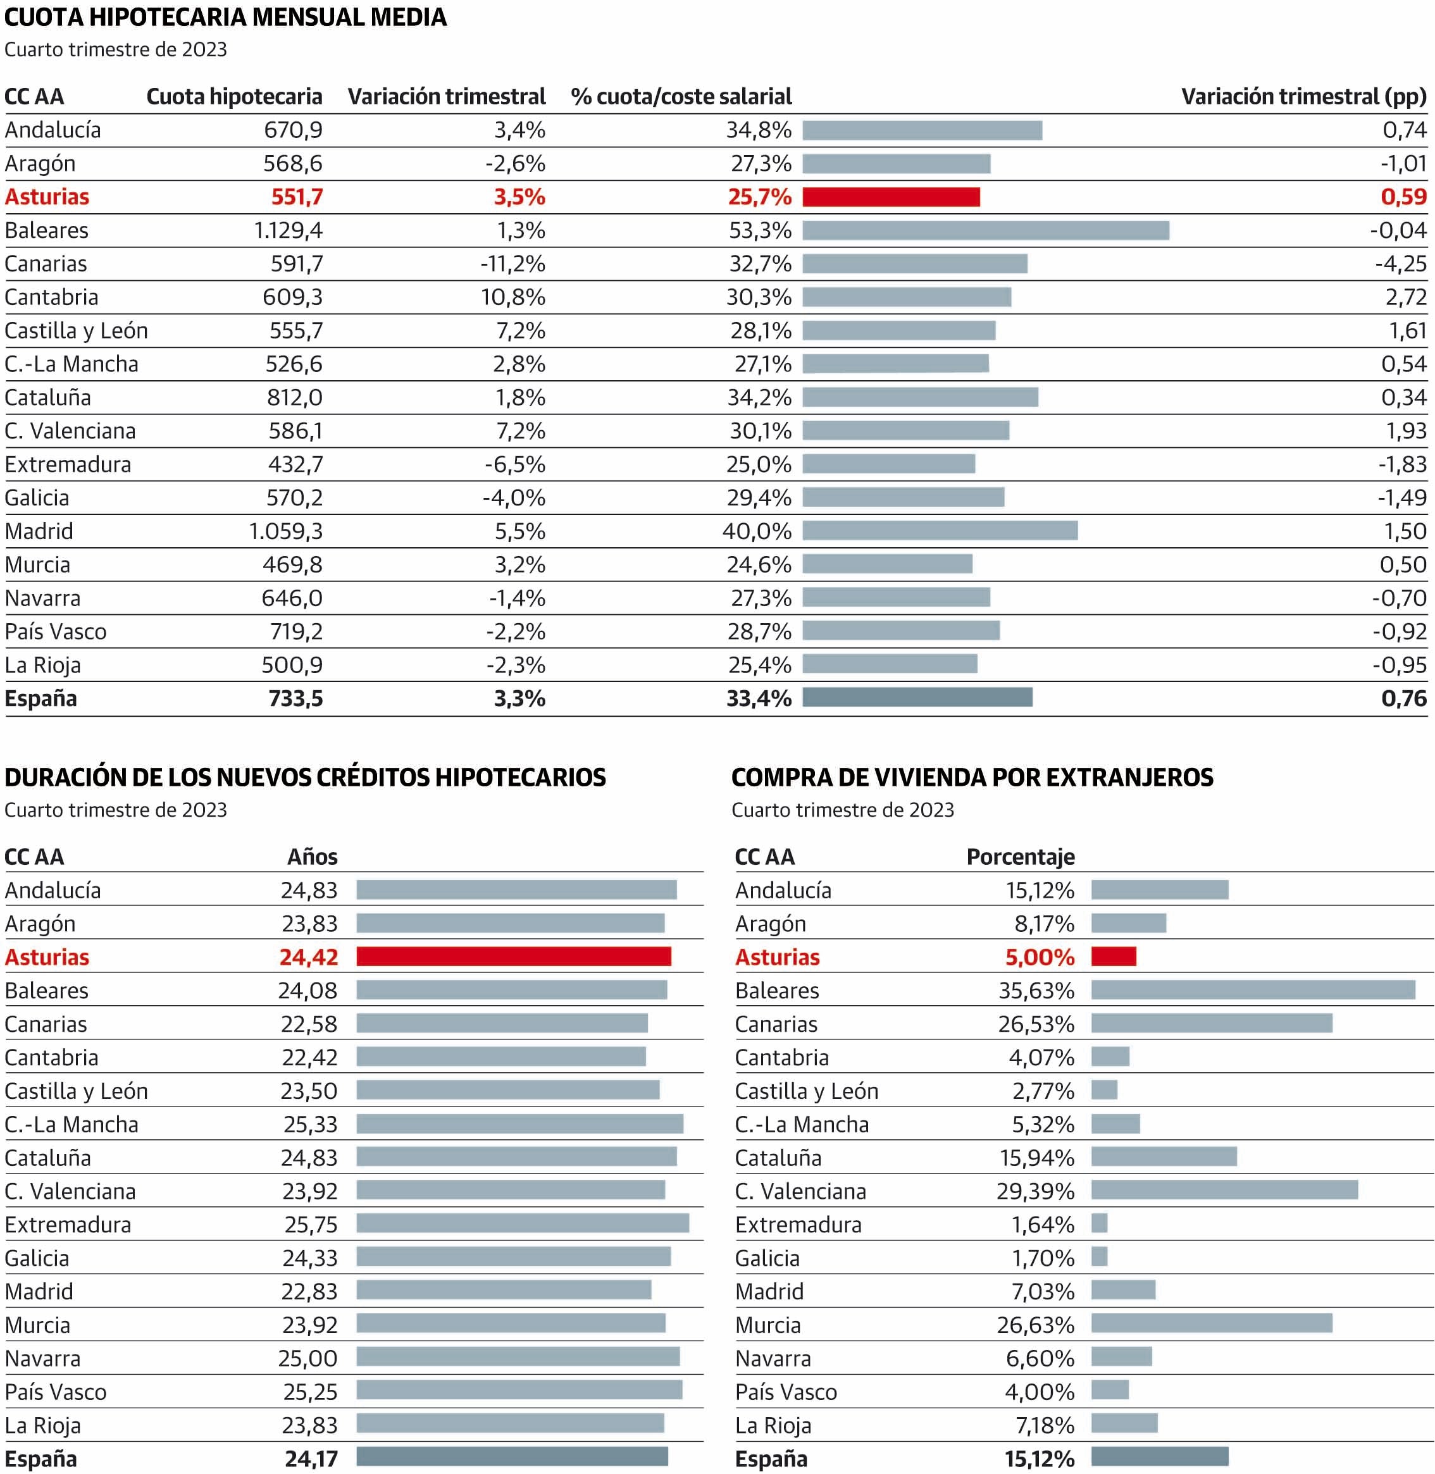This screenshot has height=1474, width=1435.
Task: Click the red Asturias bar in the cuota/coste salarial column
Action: (x=891, y=197)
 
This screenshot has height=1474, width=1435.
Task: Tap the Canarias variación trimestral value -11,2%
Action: (x=512, y=264)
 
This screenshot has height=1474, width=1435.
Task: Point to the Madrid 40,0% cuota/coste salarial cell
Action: (x=757, y=531)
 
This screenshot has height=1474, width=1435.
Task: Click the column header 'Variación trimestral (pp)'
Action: (x=1303, y=96)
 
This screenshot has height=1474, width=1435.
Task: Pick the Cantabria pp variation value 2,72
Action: (x=1406, y=297)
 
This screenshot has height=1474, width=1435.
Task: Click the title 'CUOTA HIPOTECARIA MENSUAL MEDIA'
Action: (x=225, y=16)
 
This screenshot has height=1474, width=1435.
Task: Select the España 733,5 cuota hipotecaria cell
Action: (x=295, y=698)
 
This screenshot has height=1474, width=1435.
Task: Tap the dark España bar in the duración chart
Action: (x=512, y=1456)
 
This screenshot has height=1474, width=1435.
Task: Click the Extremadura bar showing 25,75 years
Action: (x=522, y=1223)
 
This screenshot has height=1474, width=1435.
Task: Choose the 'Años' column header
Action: (x=312, y=857)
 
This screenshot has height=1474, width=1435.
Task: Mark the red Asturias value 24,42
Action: (x=308, y=957)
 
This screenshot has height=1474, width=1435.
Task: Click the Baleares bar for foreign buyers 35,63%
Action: (x=1253, y=989)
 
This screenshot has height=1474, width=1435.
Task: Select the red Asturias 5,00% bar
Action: (x=1113, y=957)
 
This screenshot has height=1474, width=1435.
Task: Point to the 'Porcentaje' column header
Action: (x=1021, y=857)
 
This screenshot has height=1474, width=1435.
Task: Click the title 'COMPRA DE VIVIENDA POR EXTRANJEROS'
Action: (x=971, y=777)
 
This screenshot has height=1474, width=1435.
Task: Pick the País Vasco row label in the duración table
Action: (x=56, y=1392)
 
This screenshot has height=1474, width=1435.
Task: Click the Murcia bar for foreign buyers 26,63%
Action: (x=1211, y=1323)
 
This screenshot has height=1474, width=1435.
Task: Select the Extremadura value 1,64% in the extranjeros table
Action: (x=1042, y=1225)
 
